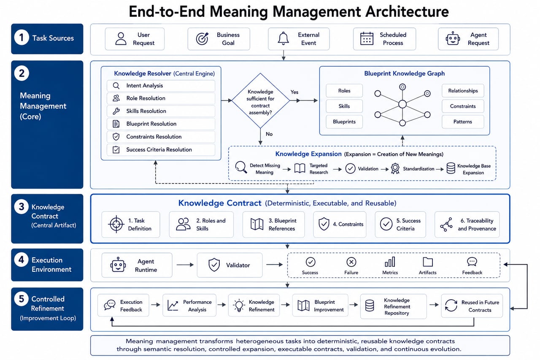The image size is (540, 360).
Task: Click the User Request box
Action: (x=135, y=39)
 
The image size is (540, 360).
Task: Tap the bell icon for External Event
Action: (x=283, y=38)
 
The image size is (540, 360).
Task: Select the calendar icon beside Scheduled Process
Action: (x=367, y=38)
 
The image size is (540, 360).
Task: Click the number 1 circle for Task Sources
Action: (x=22, y=38)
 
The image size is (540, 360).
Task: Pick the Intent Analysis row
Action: (x=161, y=86)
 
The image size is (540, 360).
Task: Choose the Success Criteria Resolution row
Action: (x=161, y=150)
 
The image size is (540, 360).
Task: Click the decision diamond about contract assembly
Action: (x=260, y=101)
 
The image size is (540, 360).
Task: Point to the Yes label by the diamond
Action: (x=294, y=92)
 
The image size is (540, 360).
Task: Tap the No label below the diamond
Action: (x=269, y=134)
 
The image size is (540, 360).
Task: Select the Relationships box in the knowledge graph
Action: (x=463, y=91)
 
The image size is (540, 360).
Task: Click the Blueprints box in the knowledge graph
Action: (x=344, y=122)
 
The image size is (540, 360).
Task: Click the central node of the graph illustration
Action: (x=402, y=104)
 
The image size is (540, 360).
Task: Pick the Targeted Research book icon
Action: (x=300, y=168)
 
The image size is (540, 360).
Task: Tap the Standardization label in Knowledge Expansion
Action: (x=418, y=169)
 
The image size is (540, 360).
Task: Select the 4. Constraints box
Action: (x=340, y=225)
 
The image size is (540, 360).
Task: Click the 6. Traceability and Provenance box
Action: (x=467, y=225)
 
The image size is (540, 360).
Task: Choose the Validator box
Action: (x=229, y=265)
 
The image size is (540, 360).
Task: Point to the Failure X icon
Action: (x=351, y=262)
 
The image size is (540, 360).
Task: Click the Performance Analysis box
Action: (x=189, y=305)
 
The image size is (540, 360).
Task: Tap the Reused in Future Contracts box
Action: (x=472, y=306)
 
